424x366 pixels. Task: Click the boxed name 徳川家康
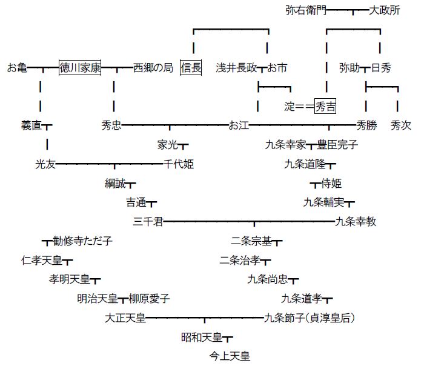tap(80, 67)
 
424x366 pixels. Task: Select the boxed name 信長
tap(191, 67)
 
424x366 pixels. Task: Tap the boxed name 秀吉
tap(325, 106)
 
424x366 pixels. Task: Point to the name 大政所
tap(384, 10)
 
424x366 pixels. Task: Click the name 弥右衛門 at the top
tap(306, 10)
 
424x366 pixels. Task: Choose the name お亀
tap(18, 67)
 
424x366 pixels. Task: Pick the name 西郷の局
tap(153, 67)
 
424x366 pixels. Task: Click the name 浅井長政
tap(236, 67)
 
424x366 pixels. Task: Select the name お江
tap(239, 125)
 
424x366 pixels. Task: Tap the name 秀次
tap(401, 125)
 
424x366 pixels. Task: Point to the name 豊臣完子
tap(337, 145)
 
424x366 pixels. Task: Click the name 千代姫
tap(179, 164)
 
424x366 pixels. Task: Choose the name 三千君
tap(148, 222)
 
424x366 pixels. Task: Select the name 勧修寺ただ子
tap(82, 241)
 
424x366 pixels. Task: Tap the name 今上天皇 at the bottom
tap(230, 356)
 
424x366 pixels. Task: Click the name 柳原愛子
tap(149, 299)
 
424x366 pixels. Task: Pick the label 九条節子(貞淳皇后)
tap(310, 318)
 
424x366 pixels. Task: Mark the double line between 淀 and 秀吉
tap(305, 106)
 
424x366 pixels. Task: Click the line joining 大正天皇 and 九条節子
tap(205, 318)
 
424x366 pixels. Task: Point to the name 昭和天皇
tap(202, 338)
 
